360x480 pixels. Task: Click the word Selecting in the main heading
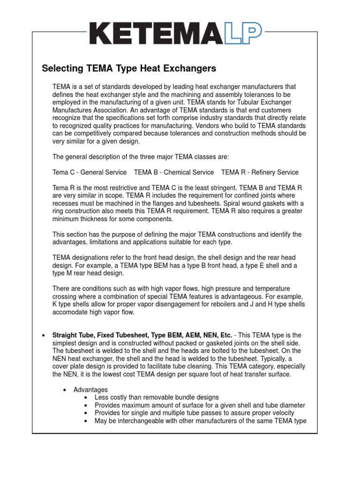[61, 68]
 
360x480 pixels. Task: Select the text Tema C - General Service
[90, 172]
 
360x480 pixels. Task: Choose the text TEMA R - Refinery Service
[260, 172]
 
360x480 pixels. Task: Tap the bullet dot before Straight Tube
[43, 335]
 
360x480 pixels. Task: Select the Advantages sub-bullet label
[90, 390]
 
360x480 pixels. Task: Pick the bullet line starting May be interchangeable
[200, 421]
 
